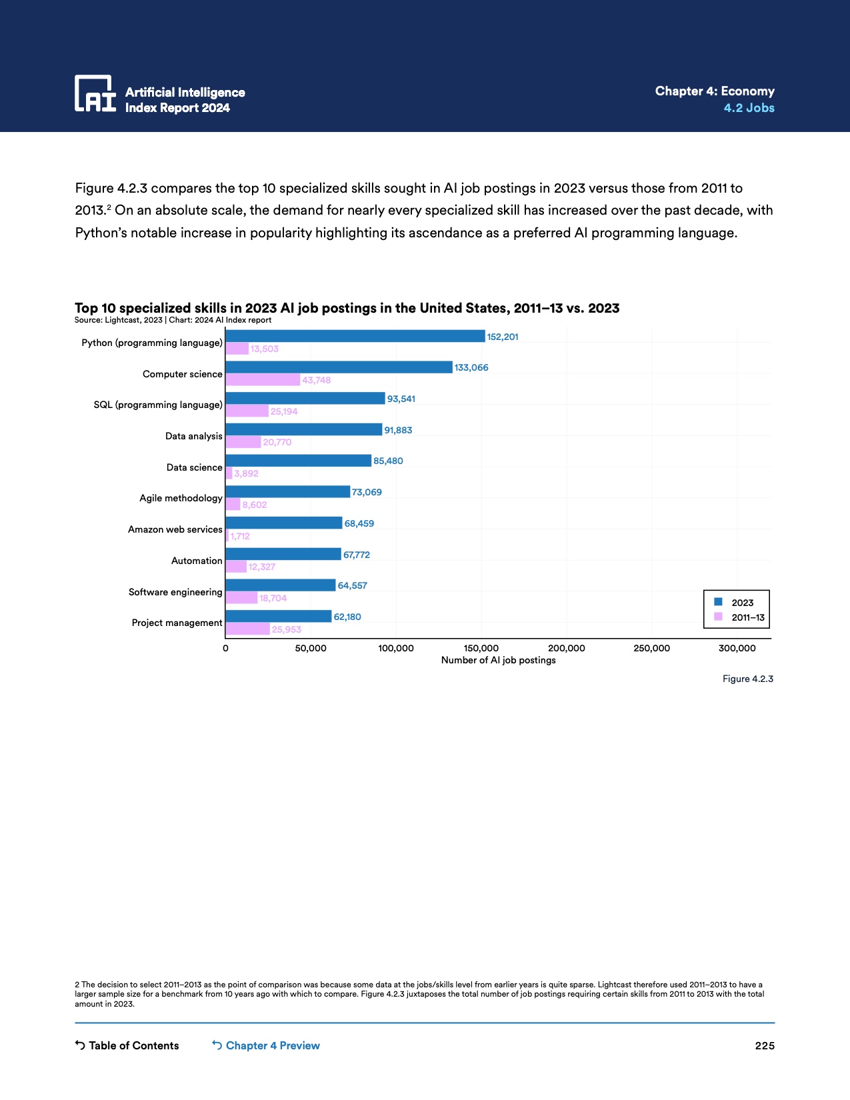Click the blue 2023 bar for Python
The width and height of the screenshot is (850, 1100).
pyautogui.click(x=355, y=336)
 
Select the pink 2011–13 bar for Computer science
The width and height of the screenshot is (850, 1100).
pyautogui.click(x=263, y=380)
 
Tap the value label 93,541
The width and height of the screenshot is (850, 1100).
pyautogui.click(x=401, y=399)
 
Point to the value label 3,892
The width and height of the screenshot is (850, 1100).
pyautogui.click(x=246, y=473)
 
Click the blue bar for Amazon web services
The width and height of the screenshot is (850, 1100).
pyautogui.click(x=283, y=523)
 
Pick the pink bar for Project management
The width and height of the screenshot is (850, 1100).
pyautogui.click(x=247, y=629)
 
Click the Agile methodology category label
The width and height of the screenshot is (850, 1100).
pyautogui.click(x=181, y=498)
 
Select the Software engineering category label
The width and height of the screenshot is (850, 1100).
pyautogui.click(x=175, y=592)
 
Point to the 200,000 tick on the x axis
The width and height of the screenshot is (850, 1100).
pyautogui.click(x=566, y=648)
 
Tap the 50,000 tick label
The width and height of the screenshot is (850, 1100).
pyautogui.click(x=311, y=648)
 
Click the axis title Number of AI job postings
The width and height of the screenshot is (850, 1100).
pyautogui.click(x=498, y=660)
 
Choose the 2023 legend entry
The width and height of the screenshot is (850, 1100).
pyautogui.click(x=735, y=602)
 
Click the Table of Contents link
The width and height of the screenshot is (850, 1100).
pyautogui.click(x=127, y=1045)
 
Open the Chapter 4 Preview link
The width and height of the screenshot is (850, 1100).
pyautogui.click(x=266, y=1045)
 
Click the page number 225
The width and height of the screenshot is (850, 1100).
pyautogui.click(x=765, y=1045)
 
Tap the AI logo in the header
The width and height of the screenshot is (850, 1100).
pyautogui.click(x=95, y=93)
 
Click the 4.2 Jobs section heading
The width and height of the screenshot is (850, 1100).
pyautogui.click(x=749, y=108)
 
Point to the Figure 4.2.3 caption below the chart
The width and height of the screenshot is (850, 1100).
pyautogui.click(x=747, y=679)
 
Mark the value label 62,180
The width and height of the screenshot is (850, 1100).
pyautogui.click(x=347, y=617)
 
